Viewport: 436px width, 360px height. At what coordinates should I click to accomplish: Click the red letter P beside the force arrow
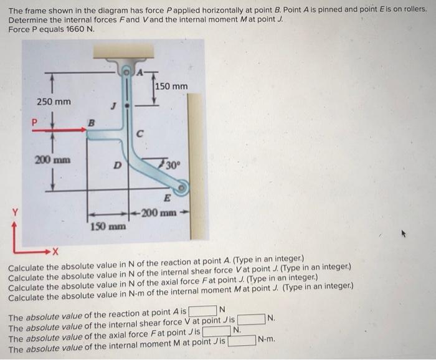click(x=34, y=122)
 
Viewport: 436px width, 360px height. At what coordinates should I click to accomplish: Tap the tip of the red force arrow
click(x=87, y=130)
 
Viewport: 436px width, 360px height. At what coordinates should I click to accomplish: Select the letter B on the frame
click(x=91, y=122)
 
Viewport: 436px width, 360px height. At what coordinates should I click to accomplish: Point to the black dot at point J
click(x=127, y=106)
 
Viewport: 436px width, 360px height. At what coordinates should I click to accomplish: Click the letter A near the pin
click(x=140, y=72)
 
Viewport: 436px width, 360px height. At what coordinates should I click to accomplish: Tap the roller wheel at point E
click(x=181, y=187)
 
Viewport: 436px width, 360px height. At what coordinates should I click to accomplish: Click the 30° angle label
click(x=173, y=166)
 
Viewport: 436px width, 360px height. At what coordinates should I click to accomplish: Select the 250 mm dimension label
click(x=54, y=102)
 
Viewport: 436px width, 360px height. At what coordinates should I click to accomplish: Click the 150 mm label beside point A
click(x=171, y=87)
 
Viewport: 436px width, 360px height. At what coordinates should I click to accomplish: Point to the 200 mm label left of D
click(x=52, y=160)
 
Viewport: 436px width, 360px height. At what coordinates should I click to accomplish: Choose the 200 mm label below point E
click(x=159, y=213)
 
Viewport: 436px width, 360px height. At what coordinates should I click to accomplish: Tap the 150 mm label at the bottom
click(x=108, y=227)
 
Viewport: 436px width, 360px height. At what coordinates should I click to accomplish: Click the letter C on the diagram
click(x=140, y=134)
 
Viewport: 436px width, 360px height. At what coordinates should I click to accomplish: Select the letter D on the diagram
click(x=118, y=166)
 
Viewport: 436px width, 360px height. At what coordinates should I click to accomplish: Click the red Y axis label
click(x=16, y=213)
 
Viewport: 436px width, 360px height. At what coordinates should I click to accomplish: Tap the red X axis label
click(x=55, y=252)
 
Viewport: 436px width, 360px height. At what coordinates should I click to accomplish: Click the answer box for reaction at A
click(x=202, y=310)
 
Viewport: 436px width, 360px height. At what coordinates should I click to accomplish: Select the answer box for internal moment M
click(x=242, y=341)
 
